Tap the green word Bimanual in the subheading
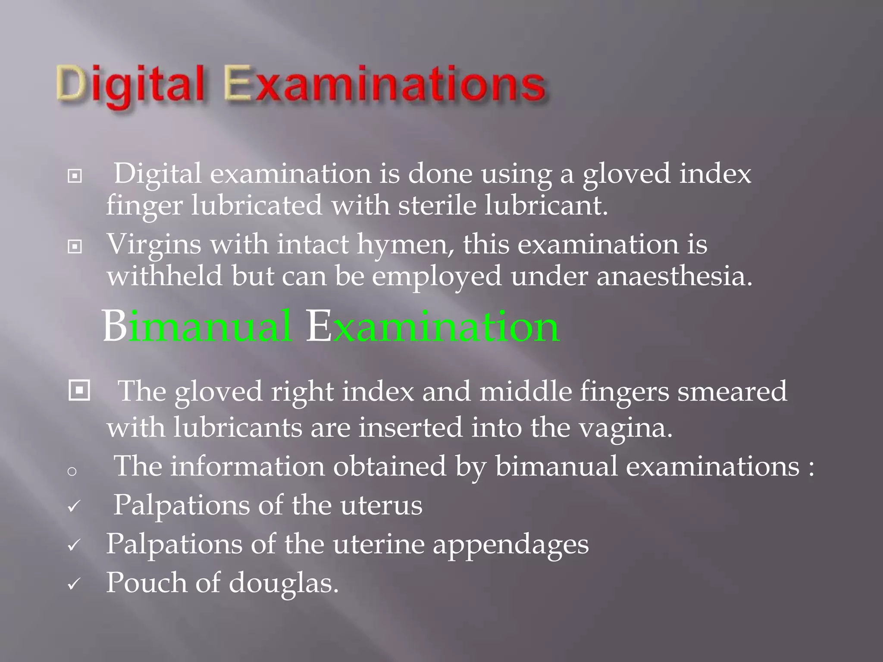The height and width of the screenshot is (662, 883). [197, 326]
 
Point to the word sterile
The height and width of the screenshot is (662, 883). [437, 205]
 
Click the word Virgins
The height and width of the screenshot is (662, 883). [154, 245]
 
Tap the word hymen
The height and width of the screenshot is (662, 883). [405, 245]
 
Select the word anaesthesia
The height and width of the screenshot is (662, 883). [674, 276]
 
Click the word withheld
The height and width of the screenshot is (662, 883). [165, 276]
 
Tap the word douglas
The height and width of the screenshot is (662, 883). [283, 583]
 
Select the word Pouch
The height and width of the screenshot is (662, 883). [147, 583]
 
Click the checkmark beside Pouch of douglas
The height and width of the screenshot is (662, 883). [74, 584]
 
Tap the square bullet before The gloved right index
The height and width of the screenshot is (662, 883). [79, 390]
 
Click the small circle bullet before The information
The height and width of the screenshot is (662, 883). [72, 471]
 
